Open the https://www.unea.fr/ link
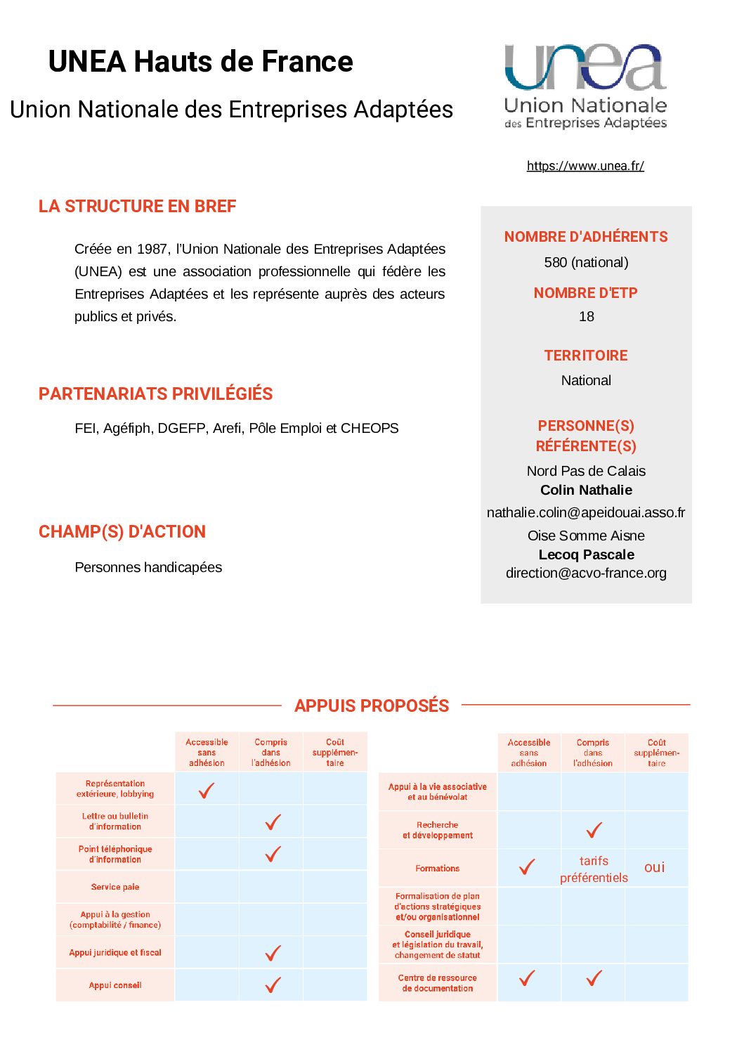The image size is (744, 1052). tap(585, 166)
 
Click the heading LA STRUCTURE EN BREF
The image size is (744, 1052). tap(137, 207)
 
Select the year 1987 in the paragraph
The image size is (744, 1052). tap(152, 249)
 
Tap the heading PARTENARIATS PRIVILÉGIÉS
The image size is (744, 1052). tap(155, 394)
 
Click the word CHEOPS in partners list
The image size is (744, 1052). tap(370, 428)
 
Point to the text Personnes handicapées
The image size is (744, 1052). tap(148, 567)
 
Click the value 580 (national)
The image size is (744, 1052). tap(586, 262)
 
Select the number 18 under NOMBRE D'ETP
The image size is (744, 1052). tap(586, 316)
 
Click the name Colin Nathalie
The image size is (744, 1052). tap(586, 490)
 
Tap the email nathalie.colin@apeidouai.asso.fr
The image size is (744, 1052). tap(586, 512)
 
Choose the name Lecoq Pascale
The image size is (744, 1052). tap(586, 554)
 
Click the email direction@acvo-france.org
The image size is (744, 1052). tap(586, 573)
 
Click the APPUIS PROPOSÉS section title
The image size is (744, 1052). tap(372, 706)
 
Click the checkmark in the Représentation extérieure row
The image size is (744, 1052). tap(207, 791)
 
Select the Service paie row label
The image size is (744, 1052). tap(115, 887)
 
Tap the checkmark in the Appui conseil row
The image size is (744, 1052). tap(273, 985)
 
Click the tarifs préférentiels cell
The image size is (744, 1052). tap(594, 869)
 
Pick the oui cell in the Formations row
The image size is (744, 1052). tap(654, 868)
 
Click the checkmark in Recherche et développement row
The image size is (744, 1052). tap(594, 830)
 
